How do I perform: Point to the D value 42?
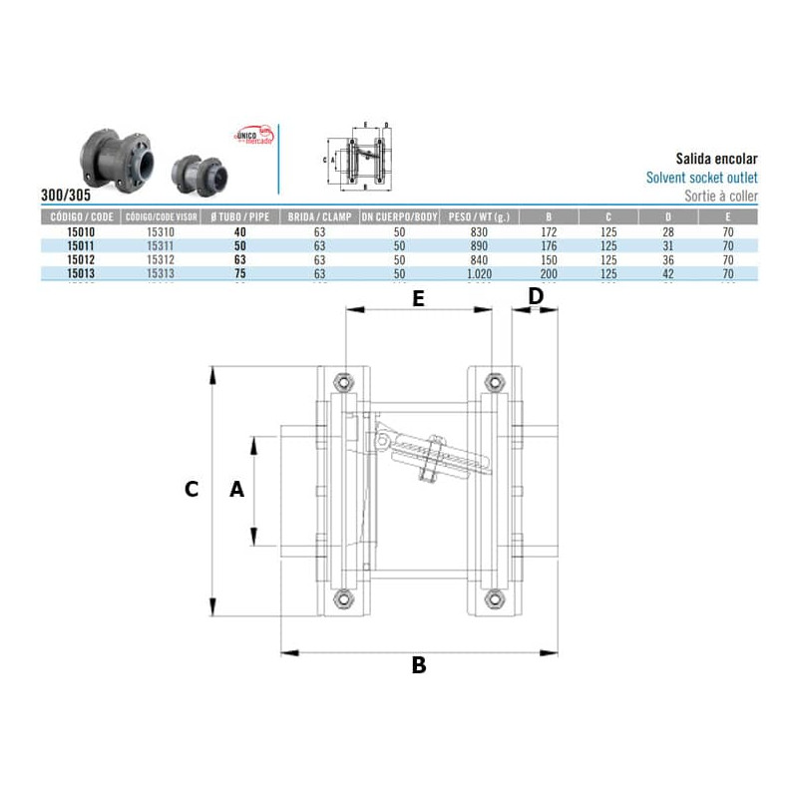coord(668,270)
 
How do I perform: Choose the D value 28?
coord(668,231)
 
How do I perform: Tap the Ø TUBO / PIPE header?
coord(239,216)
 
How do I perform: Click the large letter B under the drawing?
coord(419,665)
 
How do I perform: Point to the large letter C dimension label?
coord(193,489)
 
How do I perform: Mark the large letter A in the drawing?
coord(237,489)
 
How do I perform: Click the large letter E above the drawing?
coord(418,297)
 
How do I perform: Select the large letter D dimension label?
coord(536,296)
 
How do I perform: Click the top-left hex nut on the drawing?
coord(344,381)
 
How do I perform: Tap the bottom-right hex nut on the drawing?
coord(493,598)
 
